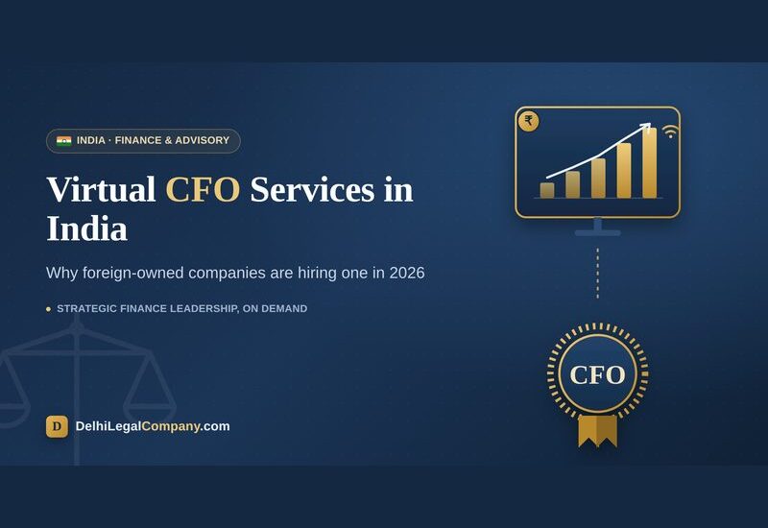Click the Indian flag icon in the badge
63,141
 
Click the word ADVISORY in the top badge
203,140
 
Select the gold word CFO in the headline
203,189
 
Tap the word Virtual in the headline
101,189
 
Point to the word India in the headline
87,228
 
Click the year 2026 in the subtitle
407,273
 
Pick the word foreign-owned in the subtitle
133,274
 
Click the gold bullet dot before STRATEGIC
49,309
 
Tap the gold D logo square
57,426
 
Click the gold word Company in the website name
171,426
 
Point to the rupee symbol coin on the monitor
529,121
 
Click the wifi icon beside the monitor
670,132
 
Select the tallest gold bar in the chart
650,162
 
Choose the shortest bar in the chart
547,190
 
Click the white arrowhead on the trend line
646,128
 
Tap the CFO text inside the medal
597,375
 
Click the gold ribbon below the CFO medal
597,431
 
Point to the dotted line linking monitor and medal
597,274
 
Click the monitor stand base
597,233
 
